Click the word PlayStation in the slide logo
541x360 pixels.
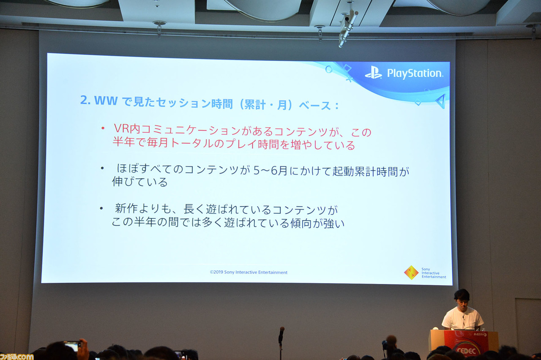415,74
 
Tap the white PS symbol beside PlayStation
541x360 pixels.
374,73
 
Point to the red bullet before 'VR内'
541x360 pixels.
102,128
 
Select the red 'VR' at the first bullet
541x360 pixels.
121,128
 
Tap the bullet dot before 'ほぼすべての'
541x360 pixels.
102,168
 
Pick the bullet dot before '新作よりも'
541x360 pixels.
101,208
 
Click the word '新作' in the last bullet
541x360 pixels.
126,209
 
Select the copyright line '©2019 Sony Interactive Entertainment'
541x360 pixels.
249,273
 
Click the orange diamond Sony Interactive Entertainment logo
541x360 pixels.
411,273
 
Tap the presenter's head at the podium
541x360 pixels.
462,297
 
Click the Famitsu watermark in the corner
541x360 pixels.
17,356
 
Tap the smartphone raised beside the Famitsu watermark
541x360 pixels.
73,345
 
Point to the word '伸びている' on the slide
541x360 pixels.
139,182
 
